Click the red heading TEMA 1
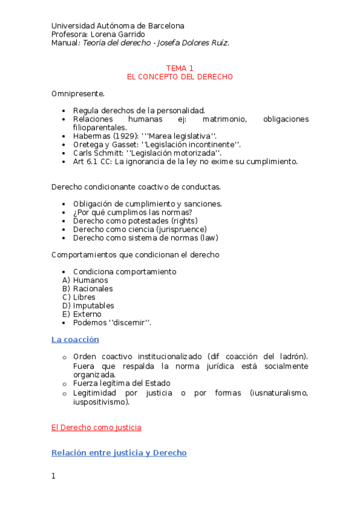[x=180, y=68]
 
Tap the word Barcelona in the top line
[x=162, y=26]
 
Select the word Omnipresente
[x=78, y=94]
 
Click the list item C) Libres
[x=79, y=297]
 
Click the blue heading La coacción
[x=75, y=340]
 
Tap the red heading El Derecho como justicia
[x=96, y=428]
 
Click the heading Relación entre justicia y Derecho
[x=119, y=453]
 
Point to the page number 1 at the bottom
[x=53, y=476]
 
